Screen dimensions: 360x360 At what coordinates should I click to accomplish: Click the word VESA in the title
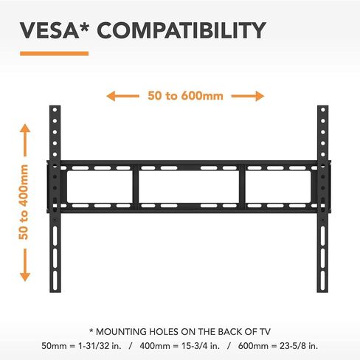pyautogui.click(x=49, y=30)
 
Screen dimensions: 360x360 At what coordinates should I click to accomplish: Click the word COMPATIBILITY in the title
pyautogui.click(x=181, y=30)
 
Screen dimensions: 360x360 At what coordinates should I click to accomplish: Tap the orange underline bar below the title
pyautogui.click(x=55, y=54)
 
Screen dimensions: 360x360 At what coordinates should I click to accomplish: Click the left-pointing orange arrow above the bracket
pyautogui.click(x=122, y=96)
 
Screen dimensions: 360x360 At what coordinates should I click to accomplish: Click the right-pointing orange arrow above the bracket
pyautogui.click(x=248, y=96)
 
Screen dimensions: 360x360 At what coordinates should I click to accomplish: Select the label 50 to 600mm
pyautogui.click(x=185, y=96)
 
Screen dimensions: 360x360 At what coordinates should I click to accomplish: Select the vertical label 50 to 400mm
pyautogui.click(x=24, y=202)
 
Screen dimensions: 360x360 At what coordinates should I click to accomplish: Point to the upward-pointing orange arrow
pyautogui.click(x=25, y=140)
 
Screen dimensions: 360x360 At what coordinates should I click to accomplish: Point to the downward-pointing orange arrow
pyautogui.click(x=25, y=265)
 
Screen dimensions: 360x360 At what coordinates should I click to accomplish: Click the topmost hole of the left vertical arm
pyautogui.click(x=55, y=110)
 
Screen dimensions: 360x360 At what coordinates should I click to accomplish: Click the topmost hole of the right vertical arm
pyautogui.click(x=323, y=110)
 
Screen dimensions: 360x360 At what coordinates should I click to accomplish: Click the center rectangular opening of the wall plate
pyautogui.click(x=189, y=187)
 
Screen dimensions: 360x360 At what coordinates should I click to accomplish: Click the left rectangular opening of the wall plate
pyautogui.click(x=100, y=187)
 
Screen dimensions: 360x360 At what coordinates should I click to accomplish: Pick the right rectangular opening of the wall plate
pyautogui.click(x=278, y=187)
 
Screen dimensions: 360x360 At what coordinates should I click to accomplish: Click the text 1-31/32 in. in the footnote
pyautogui.click(x=100, y=346)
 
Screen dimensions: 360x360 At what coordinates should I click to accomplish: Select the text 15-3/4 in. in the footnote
pyautogui.click(x=201, y=346)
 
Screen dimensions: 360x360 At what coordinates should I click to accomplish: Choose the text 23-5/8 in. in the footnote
pyautogui.click(x=299, y=346)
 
